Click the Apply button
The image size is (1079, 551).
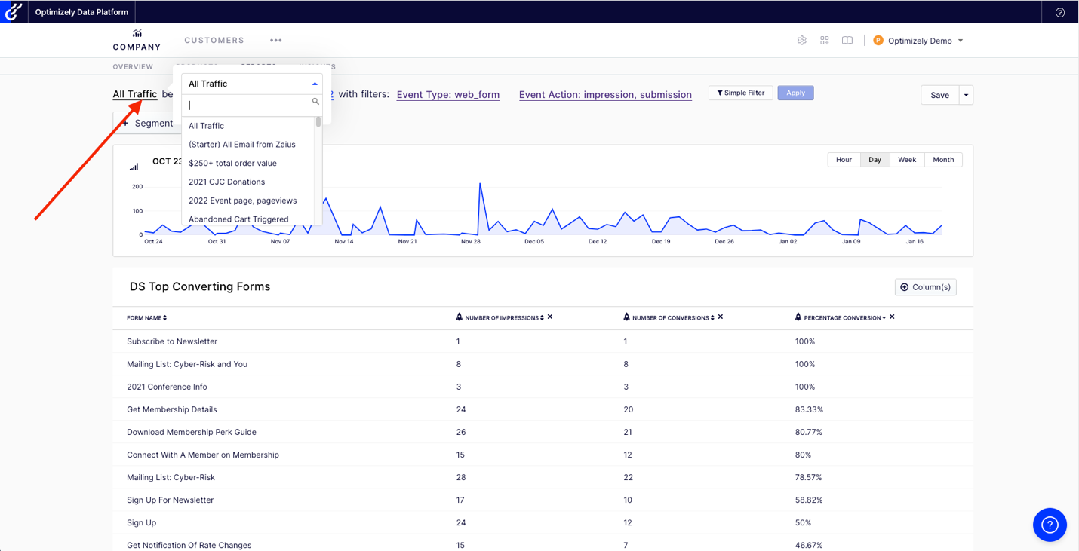pos(795,93)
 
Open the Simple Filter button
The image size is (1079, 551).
pos(740,93)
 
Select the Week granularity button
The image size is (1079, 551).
pos(906,160)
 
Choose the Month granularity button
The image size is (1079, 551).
pos(942,160)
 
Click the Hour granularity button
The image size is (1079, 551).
pos(844,160)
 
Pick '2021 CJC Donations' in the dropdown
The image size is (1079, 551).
pos(226,182)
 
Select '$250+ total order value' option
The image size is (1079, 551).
pos(232,163)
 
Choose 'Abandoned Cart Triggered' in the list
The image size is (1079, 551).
pos(238,219)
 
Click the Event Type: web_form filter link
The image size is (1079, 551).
pos(447,95)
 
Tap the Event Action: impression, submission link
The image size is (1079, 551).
pos(605,95)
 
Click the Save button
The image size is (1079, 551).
pos(939,95)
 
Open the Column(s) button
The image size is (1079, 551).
pos(925,287)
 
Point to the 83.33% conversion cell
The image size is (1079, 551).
pos(809,409)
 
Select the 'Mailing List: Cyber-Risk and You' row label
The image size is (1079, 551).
pos(187,364)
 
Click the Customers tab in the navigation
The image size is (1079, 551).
pos(214,41)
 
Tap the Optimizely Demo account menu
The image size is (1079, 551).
pos(918,41)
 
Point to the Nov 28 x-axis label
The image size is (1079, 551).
pos(471,242)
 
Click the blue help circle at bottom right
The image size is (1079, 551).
pos(1050,525)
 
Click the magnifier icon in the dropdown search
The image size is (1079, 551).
pos(315,102)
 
